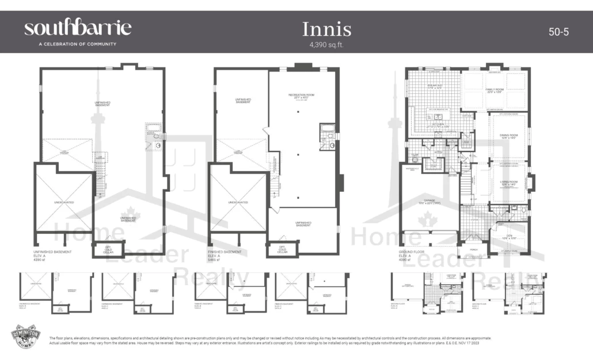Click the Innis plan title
pyautogui.click(x=326, y=29)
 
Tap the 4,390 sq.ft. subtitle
pyautogui.click(x=326, y=44)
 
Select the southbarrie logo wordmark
pyautogui.click(x=78, y=28)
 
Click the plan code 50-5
pyautogui.click(x=558, y=32)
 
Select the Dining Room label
pyautogui.click(x=509, y=137)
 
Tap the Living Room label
pyautogui.click(x=509, y=183)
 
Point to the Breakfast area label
pyautogui.click(x=435, y=86)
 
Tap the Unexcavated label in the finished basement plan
pyautogui.click(x=238, y=203)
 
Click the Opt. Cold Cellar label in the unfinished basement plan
pyautogui.click(x=108, y=247)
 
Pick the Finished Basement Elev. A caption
pyautogui.click(x=225, y=256)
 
